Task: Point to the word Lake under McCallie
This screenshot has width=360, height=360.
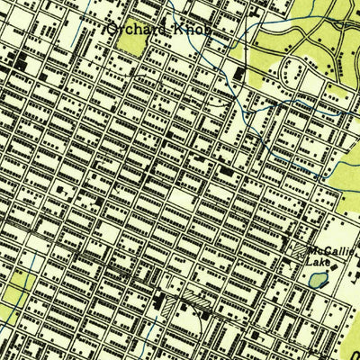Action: [319, 263]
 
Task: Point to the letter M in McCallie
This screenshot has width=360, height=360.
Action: [310, 251]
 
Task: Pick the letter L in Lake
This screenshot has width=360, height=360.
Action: [310, 263]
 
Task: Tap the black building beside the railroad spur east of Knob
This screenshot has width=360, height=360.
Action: [238, 72]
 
